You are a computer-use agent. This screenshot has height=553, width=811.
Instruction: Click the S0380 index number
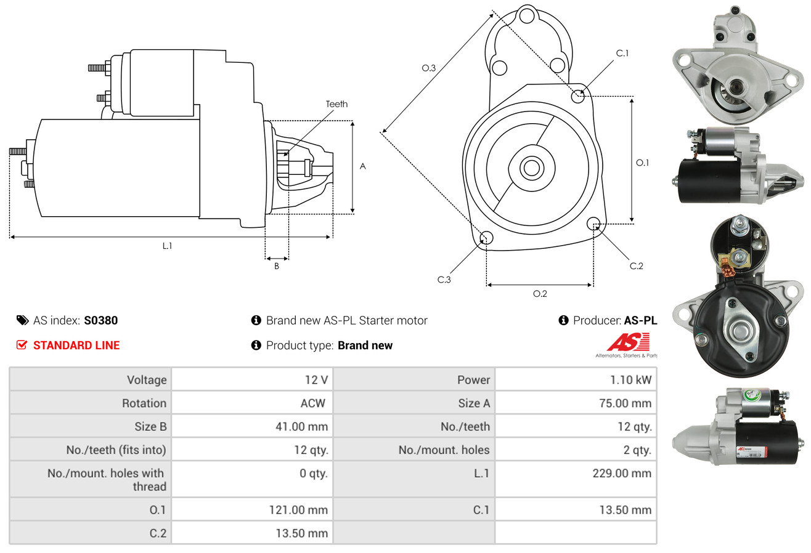click(x=100, y=320)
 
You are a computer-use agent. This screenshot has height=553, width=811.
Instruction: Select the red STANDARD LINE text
click(x=76, y=345)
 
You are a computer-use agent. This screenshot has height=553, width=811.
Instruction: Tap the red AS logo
click(x=628, y=342)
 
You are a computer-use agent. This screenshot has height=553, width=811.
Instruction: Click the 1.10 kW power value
click(x=630, y=380)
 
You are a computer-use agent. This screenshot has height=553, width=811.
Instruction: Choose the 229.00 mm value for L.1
click(x=622, y=473)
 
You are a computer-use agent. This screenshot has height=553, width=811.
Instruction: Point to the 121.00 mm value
click(x=298, y=510)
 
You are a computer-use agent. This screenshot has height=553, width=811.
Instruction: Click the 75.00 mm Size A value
click(x=626, y=403)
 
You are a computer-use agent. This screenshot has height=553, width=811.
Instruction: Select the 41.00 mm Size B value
click(x=301, y=426)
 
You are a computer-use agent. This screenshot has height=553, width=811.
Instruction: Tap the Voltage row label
click(x=147, y=380)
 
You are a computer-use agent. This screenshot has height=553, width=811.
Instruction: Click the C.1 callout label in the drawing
click(x=622, y=53)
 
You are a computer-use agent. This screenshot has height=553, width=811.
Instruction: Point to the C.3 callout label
click(x=444, y=280)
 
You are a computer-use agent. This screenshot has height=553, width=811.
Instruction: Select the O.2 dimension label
click(x=540, y=294)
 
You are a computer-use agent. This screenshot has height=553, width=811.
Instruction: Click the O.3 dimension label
click(x=429, y=68)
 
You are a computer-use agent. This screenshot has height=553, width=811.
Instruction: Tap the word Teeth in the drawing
click(x=336, y=104)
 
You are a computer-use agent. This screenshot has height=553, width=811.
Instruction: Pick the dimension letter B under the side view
click(x=277, y=266)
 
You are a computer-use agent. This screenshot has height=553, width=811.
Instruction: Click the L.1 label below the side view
click(x=167, y=246)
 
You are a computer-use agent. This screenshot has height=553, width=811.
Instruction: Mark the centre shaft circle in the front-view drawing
click(x=531, y=168)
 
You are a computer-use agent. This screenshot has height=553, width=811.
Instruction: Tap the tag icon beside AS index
click(x=22, y=320)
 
